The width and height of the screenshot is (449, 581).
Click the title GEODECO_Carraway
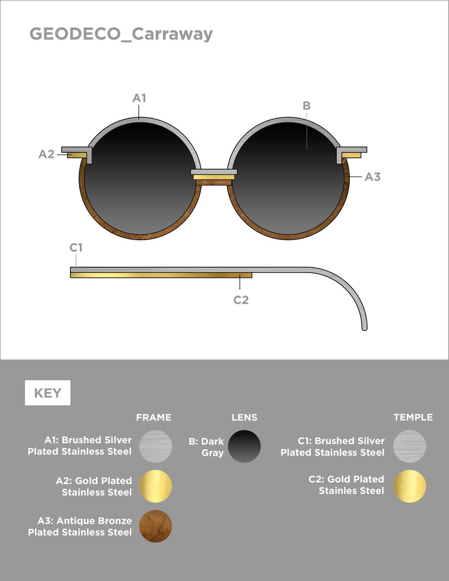point(121,35)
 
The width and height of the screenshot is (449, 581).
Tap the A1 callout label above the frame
point(139,98)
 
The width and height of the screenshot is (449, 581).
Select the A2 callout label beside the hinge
point(46,154)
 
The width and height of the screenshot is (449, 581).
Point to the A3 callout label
point(373,177)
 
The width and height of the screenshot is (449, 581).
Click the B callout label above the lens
point(307,106)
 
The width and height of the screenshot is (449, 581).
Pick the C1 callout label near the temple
point(76,247)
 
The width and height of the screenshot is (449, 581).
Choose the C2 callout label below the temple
point(241,300)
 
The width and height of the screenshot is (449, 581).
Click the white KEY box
point(48,393)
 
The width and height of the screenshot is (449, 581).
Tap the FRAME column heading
point(154,418)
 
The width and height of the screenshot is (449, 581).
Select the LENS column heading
point(244,418)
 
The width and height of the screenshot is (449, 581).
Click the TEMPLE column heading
point(413,418)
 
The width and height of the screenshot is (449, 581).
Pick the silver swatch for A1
point(155,446)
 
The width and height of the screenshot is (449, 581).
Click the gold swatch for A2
point(155,486)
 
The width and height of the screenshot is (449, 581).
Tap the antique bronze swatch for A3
point(155,526)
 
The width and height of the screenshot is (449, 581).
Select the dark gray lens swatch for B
point(244,446)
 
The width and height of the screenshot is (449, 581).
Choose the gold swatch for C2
point(409,486)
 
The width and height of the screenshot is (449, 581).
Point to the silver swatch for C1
point(409,446)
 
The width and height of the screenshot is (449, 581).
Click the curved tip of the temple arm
point(364,328)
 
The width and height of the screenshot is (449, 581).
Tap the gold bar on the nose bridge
point(214,177)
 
